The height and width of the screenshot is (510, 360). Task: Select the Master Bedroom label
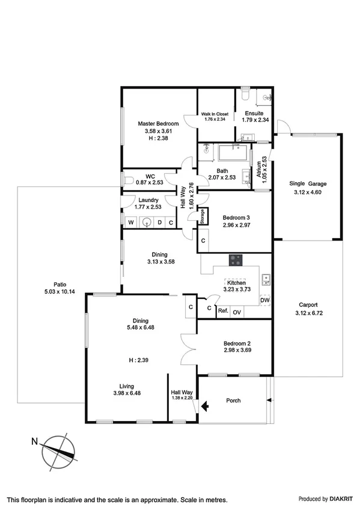[x=158, y=124]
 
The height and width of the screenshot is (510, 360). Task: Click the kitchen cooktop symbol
[x=236, y=260]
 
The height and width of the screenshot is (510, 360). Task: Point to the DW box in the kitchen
[x=265, y=300]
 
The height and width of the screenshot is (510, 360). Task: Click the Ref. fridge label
[x=222, y=312]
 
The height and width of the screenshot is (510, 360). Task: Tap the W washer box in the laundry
[x=129, y=223]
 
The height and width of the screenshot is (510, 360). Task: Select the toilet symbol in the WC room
[x=128, y=179]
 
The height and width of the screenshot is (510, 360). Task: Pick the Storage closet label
[x=203, y=217]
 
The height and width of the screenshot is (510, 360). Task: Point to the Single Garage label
[x=308, y=183]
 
